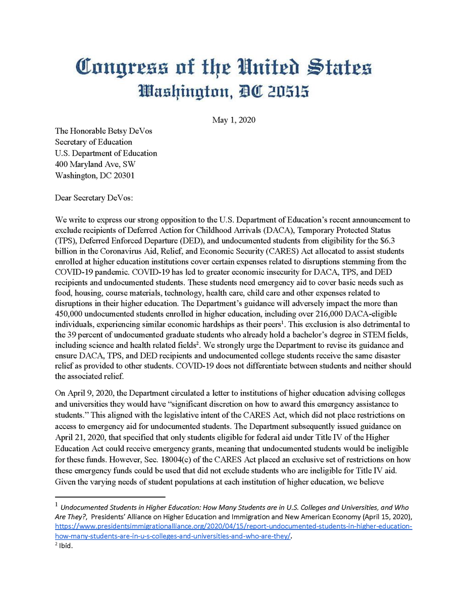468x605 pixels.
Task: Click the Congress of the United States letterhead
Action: [x=224, y=67]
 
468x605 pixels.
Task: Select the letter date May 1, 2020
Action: [x=234, y=120]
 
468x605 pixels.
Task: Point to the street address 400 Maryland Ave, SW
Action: [x=95, y=164]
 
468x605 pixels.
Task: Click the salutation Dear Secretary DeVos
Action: [x=93, y=197]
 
